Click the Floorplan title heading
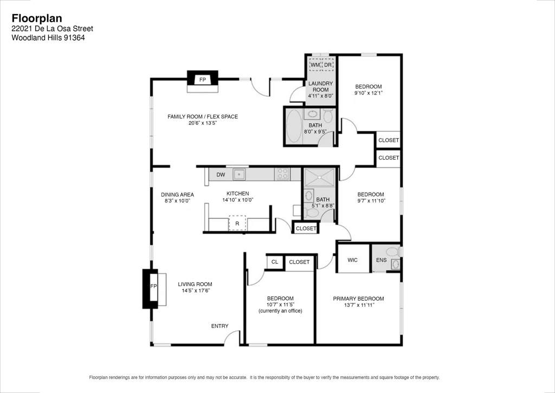(x=37, y=18)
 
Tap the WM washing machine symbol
(x=315, y=65)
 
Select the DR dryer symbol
(x=328, y=65)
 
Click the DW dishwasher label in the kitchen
(x=221, y=175)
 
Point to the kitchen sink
(x=239, y=174)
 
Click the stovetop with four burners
(x=282, y=174)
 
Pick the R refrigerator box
(x=237, y=223)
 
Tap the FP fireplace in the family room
(x=203, y=80)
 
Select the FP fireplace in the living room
(x=153, y=286)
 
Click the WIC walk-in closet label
(x=352, y=260)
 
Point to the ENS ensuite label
(x=381, y=260)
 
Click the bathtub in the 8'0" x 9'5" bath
(x=294, y=126)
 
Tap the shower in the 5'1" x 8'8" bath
(x=320, y=178)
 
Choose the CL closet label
(x=275, y=262)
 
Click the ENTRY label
(x=220, y=326)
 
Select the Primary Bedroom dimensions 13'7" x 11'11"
(x=359, y=305)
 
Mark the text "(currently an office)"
(x=280, y=311)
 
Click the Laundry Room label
(x=321, y=86)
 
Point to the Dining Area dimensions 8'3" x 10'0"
(x=177, y=201)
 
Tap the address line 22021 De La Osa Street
(x=53, y=29)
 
